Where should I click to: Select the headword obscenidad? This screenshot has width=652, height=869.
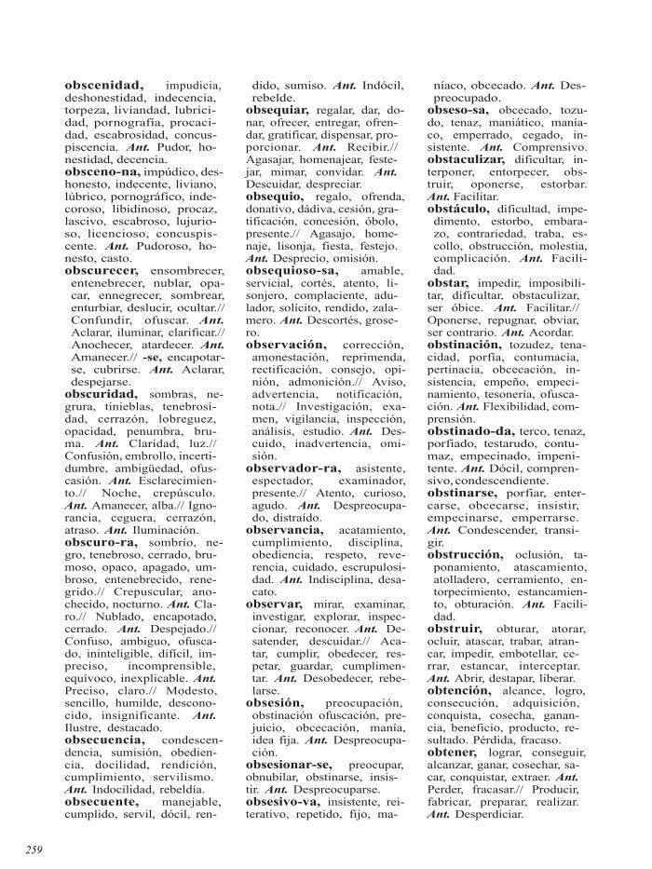tap(103, 85)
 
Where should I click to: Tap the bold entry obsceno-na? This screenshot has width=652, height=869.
tap(103, 171)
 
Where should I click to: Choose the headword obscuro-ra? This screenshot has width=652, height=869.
tap(102, 542)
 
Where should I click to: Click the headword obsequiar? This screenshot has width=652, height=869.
tap(283, 110)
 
